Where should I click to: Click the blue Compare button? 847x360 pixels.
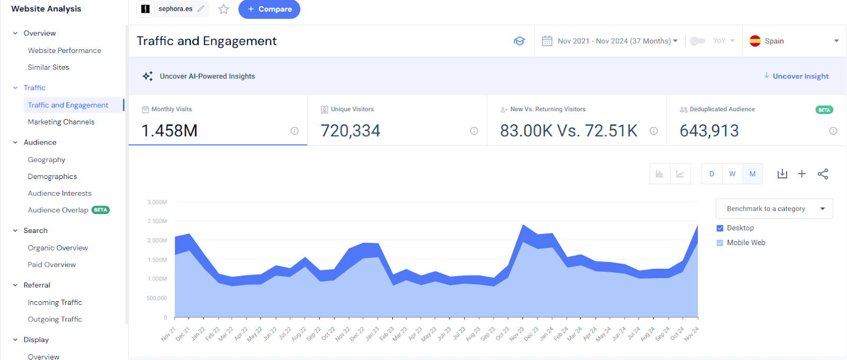(269, 9)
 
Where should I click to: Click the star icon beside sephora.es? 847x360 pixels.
(224, 9)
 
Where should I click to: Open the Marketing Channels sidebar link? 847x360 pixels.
(61, 122)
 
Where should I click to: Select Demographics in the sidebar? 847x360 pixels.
(52, 176)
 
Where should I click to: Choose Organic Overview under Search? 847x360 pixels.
(58, 248)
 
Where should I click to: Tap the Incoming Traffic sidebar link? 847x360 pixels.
(55, 302)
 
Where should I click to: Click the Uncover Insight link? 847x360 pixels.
(800, 76)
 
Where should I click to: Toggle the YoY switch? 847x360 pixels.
(698, 41)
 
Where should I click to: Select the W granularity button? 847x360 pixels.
(732, 174)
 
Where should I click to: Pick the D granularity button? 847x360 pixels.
(712, 174)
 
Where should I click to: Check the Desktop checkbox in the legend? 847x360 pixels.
(720, 228)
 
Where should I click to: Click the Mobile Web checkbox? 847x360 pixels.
(720, 243)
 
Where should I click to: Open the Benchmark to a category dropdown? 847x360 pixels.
(774, 209)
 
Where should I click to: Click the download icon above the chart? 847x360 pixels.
(782, 174)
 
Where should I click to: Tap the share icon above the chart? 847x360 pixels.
(823, 174)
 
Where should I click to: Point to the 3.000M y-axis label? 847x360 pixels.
(157, 202)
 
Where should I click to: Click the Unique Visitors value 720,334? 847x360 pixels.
(350, 131)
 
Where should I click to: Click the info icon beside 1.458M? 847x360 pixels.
(294, 131)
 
